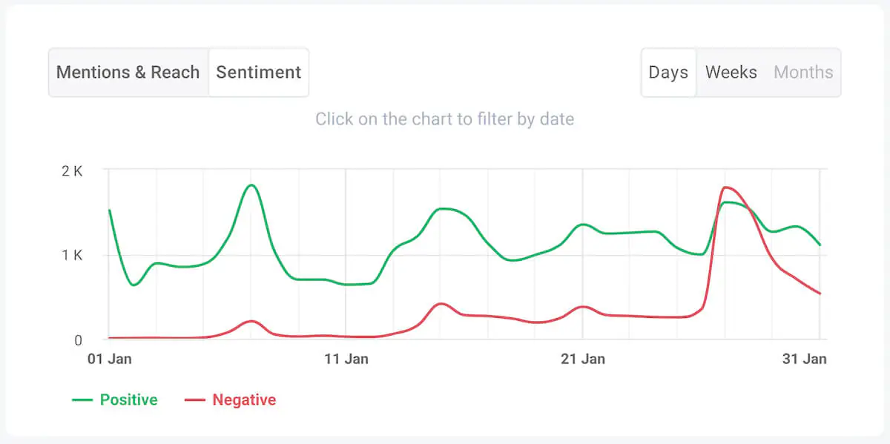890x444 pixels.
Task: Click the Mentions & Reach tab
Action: [128, 73]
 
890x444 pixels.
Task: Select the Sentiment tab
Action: [258, 73]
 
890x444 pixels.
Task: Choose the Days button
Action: [668, 73]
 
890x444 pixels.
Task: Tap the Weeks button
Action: [731, 73]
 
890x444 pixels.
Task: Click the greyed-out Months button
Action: [803, 73]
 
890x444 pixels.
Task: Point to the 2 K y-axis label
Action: [72, 170]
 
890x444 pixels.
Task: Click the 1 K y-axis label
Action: [72, 255]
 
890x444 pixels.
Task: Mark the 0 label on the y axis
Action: [76, 340]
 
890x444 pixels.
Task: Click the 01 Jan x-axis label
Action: [109, 359]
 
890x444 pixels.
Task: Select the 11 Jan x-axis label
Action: [346, 359]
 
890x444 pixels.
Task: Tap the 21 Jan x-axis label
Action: [582, 359]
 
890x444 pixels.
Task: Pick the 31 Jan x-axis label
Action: [804, 359]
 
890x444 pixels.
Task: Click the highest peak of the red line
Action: [725, 187]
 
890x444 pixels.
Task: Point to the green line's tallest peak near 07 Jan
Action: [251, 185]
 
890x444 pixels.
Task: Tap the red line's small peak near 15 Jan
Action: [441, 303]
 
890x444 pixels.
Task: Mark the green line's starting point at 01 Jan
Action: [110, 211]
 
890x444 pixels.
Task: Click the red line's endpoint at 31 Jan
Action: [820, 294]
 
